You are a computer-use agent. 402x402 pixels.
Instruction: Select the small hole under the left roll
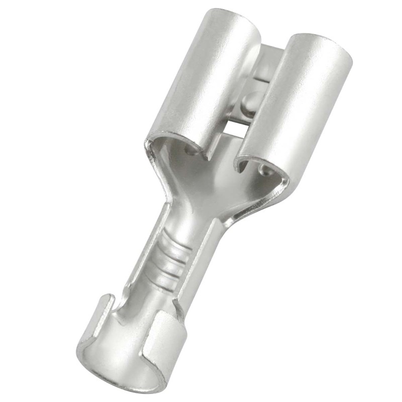[190, 150]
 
